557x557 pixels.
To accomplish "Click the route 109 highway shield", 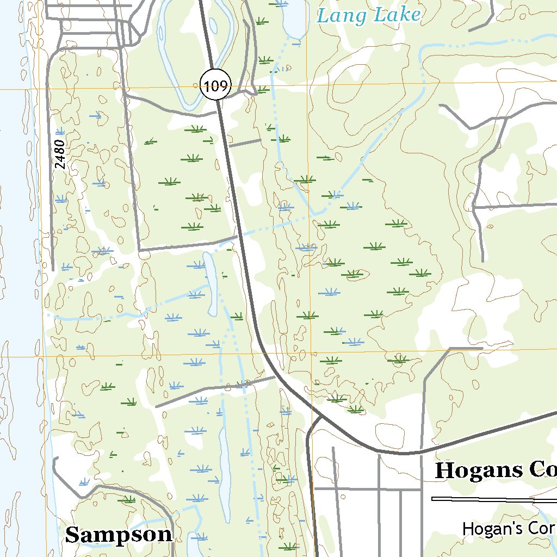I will (216, 85).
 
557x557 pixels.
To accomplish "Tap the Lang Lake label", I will (369, 15).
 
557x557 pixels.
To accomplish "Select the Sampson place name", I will (119, 535).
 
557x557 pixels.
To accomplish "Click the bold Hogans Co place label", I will (495, 471).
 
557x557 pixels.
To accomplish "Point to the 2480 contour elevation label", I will (60, 154).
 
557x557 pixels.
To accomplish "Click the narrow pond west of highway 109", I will (211, 283).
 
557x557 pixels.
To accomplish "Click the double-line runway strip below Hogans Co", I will (490, 499).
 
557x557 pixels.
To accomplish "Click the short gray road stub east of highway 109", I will (245, 143).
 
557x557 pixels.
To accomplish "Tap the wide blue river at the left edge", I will (14, 272).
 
